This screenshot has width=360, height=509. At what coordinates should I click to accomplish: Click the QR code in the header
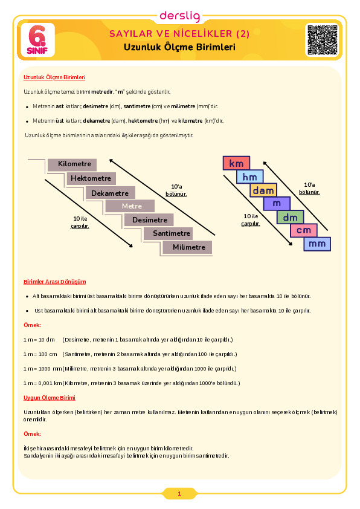click(323, 40)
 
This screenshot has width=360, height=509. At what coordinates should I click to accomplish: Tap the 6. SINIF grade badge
click(37, 40)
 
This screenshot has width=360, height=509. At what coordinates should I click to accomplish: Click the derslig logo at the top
click(179, 16)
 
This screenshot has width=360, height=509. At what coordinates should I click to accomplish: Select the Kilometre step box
click(72, 164)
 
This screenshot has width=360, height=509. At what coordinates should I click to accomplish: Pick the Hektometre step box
click(91, 178)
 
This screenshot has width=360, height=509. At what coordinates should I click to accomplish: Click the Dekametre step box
click(111, 193)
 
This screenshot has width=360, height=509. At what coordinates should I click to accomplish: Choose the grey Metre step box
click(129, 206)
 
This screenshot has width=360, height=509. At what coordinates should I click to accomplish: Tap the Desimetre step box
click(149, 220)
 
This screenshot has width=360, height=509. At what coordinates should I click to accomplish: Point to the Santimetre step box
click(168, 233)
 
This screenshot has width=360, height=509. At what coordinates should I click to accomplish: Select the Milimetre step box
click(187, 247)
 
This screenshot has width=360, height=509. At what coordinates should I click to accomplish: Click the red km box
click(236, 163)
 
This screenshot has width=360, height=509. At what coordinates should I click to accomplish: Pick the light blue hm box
click(249, 177)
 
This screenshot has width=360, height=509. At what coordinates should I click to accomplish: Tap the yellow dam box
click(263, 190)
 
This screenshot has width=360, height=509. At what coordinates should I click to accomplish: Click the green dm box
click(290, 217)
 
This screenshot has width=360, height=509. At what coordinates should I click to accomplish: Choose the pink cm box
click(304, 230)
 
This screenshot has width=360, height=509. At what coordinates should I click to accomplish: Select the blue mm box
click(317, 244)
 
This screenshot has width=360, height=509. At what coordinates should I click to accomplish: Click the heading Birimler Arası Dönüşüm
click(55, 282)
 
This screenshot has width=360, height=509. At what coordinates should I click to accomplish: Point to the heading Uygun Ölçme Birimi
click(50, 398)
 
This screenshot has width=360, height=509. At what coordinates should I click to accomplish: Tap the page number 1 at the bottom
click(179, 494)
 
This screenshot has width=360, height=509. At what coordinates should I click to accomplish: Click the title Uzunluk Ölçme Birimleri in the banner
click(179, 47)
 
